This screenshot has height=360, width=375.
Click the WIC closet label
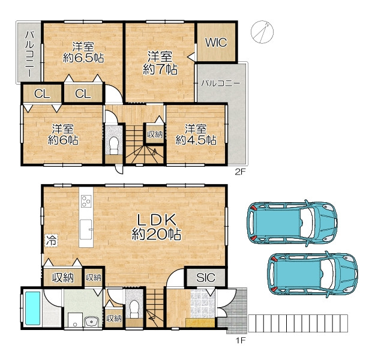tap(216, 43)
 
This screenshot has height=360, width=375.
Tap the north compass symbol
tap(262, 32)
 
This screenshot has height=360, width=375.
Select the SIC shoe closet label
tap(206, 277)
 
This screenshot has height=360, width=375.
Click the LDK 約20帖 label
tap(157, 227)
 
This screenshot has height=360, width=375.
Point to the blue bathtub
tap(33, 308)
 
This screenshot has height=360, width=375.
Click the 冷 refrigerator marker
tap(51, 240)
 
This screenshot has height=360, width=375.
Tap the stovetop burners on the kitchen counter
tap(86, 201)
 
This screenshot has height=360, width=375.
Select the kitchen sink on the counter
tap(86, 229)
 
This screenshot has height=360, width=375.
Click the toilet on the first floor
tap(134, 309)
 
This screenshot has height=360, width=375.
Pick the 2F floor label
tap(241, 172)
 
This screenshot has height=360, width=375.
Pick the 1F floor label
tap(241, 340)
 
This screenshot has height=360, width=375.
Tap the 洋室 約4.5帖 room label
tap(196, 134)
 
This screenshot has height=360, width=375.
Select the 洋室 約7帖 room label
tap(160, 63)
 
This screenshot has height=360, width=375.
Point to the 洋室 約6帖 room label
tap(63, 134)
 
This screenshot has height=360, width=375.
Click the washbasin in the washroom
tap(92, 321)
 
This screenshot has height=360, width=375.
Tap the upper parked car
tap(292, 223)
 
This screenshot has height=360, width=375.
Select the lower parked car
tap(313, 274)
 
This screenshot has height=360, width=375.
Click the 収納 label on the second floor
tap(155, 134)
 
